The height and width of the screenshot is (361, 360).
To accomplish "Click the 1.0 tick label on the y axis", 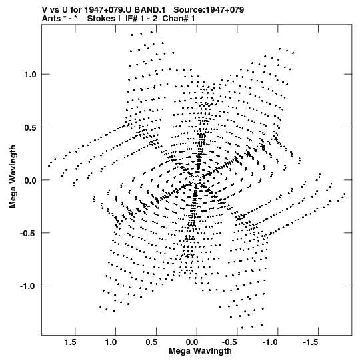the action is coord(30,74).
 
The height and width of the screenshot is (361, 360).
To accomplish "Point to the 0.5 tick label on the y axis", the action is coord(30,127).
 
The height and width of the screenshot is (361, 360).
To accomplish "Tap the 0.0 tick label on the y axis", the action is coord(30,180).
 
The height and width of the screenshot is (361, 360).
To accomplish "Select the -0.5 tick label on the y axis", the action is coord(28,233).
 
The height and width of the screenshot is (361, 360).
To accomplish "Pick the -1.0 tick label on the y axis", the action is coord(28,286).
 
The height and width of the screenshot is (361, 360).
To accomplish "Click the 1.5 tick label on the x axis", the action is coord(70,342).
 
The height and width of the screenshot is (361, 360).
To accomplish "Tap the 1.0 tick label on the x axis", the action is coord(111,342).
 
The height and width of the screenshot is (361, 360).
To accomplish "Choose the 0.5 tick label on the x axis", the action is coord(151,342).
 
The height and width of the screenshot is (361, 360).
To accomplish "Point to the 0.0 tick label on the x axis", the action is coord(192,342).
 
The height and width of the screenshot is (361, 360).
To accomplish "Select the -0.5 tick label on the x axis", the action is coord(230,342).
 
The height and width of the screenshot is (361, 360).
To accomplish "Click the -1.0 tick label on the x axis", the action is coord(271,342).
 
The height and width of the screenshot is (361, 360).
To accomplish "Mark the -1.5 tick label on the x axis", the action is coord(311,342).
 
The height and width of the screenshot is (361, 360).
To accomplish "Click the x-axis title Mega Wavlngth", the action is coord(200,351).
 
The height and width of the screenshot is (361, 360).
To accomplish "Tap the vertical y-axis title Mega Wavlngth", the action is coord(13,177).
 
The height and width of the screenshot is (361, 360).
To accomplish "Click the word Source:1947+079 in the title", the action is coord(209,10).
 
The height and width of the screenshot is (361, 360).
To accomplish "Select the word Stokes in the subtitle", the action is coord(101,19).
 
